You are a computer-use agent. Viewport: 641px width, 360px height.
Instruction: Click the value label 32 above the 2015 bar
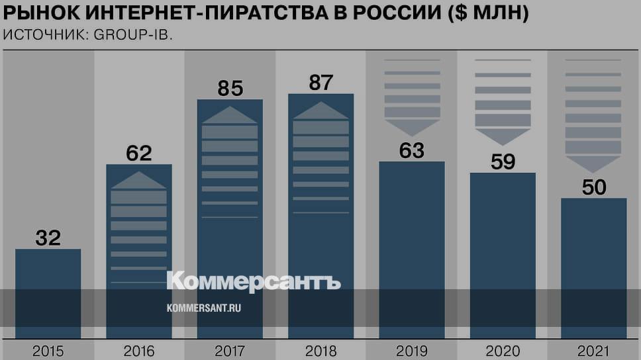pos(48,238)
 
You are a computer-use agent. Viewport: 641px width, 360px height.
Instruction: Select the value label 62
pos(139,154)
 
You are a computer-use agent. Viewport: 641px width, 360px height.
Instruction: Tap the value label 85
pos(230,88)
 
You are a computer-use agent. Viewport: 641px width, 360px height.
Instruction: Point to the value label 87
pos(321,83)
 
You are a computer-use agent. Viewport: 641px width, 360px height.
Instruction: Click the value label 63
pos(411,150)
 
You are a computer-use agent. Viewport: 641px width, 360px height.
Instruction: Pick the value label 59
pos(503,161)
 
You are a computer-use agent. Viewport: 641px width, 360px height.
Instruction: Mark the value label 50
pos(594,187)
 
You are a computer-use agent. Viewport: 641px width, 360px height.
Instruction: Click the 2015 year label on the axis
pos(48,350)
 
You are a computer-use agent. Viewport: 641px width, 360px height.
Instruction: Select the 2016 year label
pos(139,350)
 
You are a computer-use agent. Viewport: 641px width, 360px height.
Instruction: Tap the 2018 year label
pos(321,350)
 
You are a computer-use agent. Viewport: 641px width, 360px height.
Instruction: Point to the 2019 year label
pos(411,350)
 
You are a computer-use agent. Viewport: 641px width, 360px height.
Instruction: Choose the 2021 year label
pos(594,350)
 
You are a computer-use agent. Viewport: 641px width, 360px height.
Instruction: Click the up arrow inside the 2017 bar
pos(230,115)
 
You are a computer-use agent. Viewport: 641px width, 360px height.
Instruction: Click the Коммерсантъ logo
pos(254,281)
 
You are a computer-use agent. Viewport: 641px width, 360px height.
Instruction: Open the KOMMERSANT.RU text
pos(203,308)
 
